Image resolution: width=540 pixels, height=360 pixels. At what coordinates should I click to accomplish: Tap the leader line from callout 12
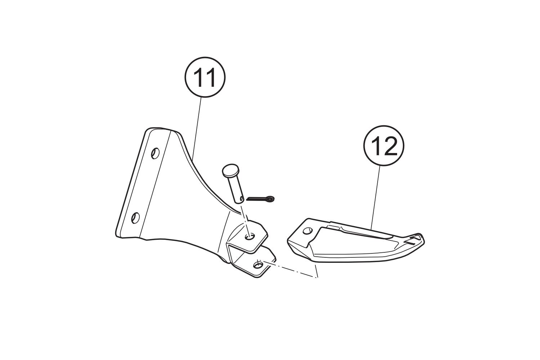point(375,197)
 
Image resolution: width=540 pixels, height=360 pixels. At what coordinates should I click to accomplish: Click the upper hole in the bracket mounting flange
point(155,153)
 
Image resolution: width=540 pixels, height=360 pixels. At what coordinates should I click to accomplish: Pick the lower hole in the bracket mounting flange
point(135,218)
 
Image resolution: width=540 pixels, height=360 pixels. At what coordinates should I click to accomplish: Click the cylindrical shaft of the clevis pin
point(237,190)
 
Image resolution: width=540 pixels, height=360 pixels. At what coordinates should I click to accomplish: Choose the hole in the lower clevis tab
point(258,265)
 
